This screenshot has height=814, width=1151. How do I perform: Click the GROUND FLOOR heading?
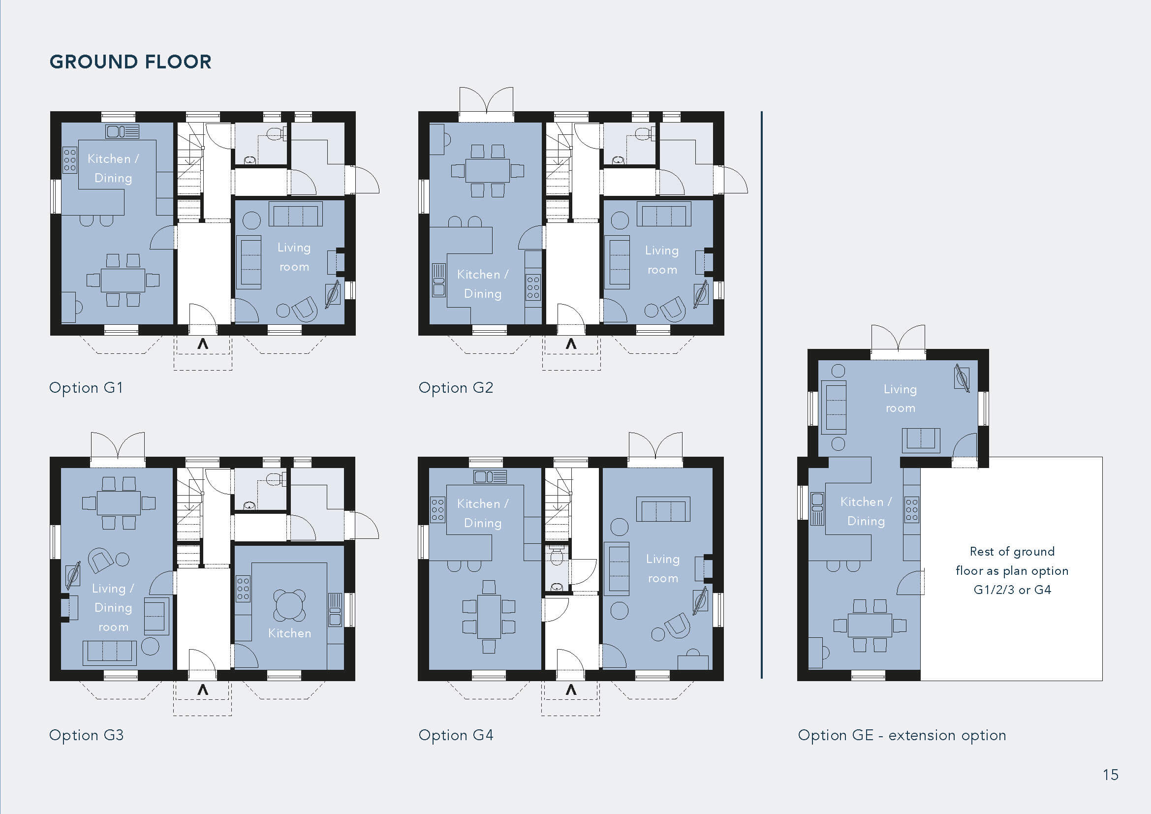(130, 62)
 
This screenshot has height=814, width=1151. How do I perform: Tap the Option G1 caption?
(86, 388)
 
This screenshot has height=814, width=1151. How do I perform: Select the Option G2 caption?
(456, 388)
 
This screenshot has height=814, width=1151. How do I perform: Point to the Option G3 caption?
(86, 735)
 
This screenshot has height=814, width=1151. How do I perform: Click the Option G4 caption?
(456, 735)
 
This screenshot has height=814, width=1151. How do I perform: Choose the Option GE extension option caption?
(902, 735)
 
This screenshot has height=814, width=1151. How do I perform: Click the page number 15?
(1110, 775)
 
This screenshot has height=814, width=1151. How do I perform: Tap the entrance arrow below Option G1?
(203, 344)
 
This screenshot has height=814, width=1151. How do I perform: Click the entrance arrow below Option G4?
(571, 690)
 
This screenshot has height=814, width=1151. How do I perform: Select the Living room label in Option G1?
(294, 257)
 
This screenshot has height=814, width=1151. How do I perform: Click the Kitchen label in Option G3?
(290, 633)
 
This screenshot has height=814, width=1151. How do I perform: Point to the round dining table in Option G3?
(289, 605)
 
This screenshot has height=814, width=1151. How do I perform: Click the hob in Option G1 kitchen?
(70, 160)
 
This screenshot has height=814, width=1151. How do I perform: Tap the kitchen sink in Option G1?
(123, 132)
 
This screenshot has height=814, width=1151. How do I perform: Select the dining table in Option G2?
(487, 170)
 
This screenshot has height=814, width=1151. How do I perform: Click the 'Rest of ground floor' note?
(1012, 571)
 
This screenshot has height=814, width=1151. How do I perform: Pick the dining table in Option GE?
(870, 626)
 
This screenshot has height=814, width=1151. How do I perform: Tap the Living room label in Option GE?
(901, 399)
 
